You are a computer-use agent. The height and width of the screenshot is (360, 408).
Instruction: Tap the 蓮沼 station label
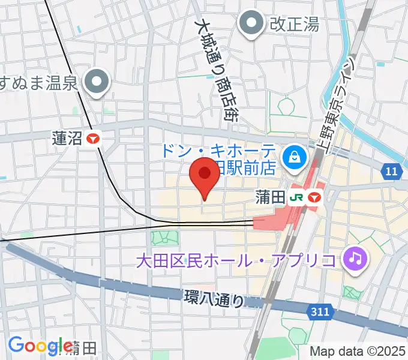(x=67, y=139)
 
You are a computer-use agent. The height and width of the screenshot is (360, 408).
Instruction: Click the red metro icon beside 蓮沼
(x=93, y=139)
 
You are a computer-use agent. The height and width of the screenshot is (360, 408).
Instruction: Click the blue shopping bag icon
(x=295, y=157)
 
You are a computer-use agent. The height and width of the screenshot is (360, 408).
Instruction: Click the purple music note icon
(x=355, y=259)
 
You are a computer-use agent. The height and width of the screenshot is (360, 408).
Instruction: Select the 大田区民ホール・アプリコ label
(x=235, y=261)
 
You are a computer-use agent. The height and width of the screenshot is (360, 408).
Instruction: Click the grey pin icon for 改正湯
(x=250, y=25)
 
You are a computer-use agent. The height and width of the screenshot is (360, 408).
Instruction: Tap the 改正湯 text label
(x=294, y=25)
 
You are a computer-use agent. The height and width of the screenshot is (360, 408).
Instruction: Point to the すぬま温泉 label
(x=40, y=82)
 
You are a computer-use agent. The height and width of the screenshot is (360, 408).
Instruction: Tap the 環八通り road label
(x=214, y=298)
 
